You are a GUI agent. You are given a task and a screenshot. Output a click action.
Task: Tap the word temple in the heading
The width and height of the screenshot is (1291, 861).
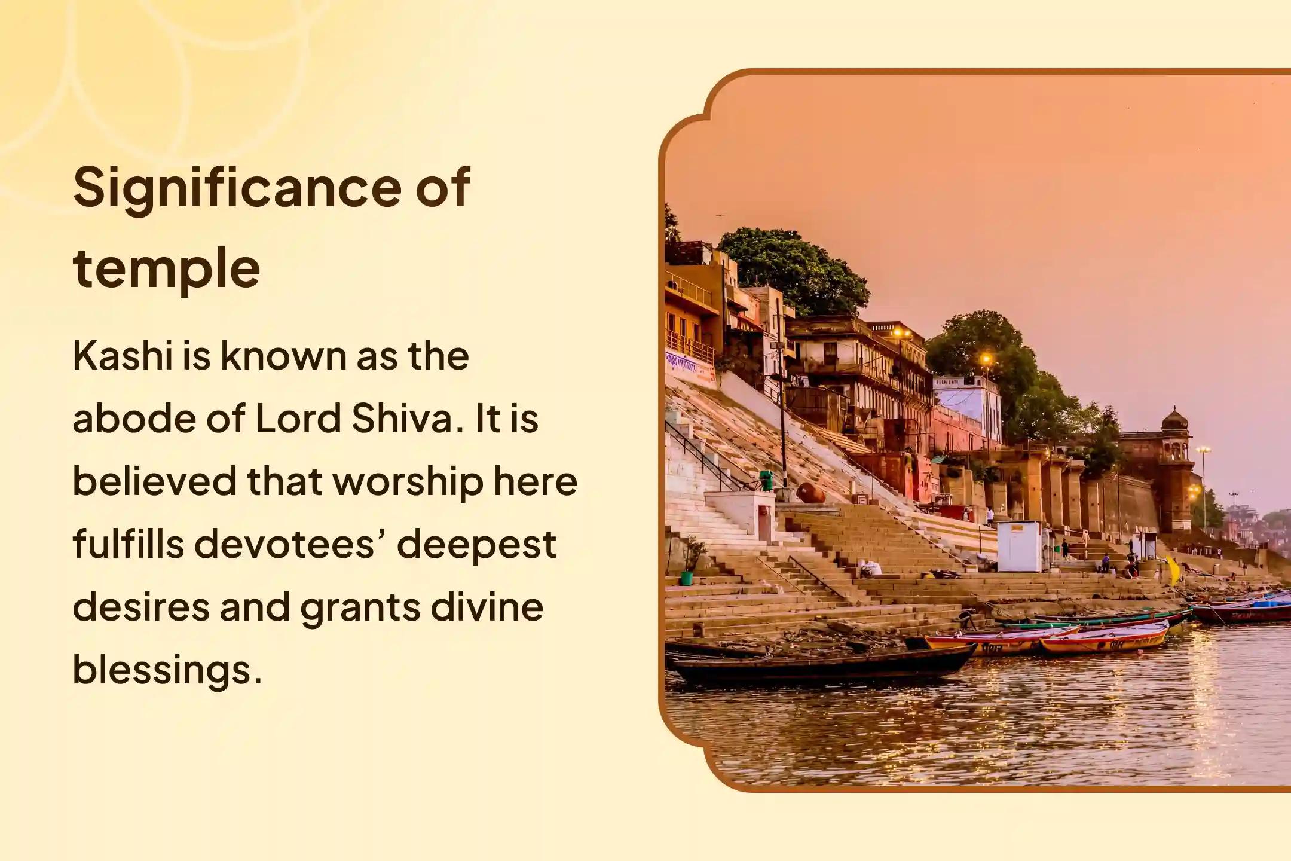167,269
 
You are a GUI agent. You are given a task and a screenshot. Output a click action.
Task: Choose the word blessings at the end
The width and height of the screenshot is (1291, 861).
167,670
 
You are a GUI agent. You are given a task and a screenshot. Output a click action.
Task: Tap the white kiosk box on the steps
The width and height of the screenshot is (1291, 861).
1018,546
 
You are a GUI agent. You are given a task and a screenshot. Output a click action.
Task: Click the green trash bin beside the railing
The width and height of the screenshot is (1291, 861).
766,480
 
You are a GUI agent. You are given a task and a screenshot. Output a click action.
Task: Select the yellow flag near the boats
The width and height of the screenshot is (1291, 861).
1174,570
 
